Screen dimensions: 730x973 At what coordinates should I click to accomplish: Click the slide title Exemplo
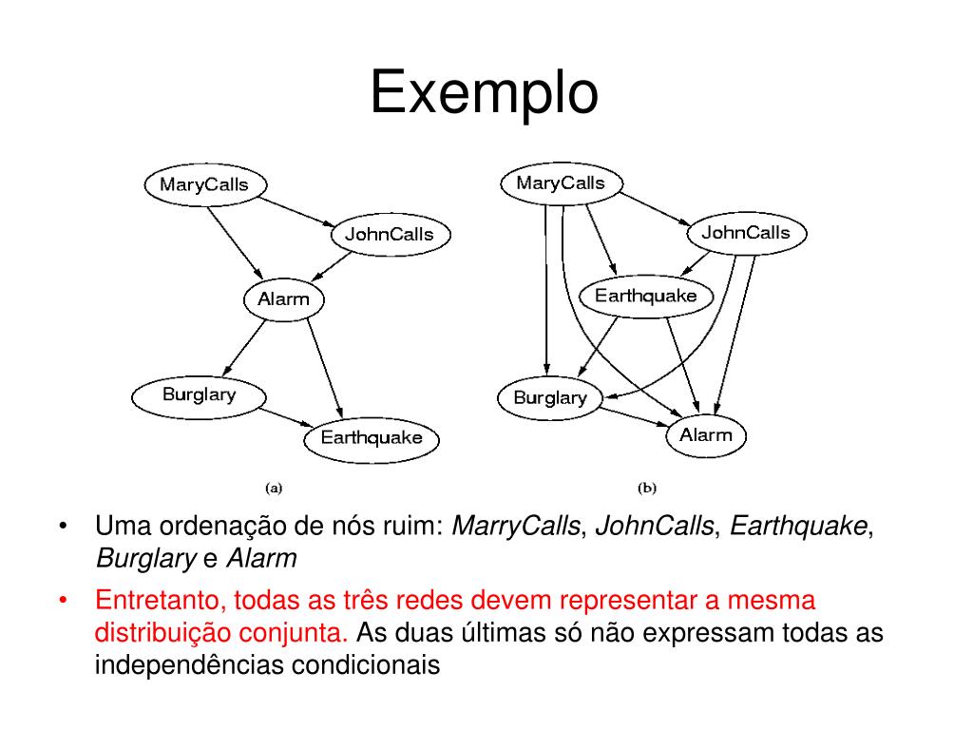pos(484,93)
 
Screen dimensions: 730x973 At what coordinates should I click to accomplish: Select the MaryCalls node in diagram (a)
pos(204,184)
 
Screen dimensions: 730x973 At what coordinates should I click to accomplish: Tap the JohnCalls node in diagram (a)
pos(389,235)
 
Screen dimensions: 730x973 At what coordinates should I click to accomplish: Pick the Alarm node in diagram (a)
pos(284,299)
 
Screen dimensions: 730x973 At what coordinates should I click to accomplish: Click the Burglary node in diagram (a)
pos(199,394)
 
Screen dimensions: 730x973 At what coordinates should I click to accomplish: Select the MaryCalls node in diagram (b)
pos(561,183)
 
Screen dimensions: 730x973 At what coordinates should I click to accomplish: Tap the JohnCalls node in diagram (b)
pos(745,233)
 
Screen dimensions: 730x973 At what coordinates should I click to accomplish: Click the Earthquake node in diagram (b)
pos(646,296)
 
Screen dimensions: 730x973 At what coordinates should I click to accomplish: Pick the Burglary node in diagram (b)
pos(549,397)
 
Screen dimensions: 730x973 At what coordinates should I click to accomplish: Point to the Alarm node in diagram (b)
pos(706,435)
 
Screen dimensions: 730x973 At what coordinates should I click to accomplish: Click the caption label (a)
pos(274,488)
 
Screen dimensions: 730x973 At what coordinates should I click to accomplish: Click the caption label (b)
pos(646,488)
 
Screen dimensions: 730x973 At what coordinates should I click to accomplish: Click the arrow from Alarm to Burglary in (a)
pos(244,345)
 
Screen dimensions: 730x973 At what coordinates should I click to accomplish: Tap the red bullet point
pos(63,602)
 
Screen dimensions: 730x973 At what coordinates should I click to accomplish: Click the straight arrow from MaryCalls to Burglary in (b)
pos(545,285)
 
